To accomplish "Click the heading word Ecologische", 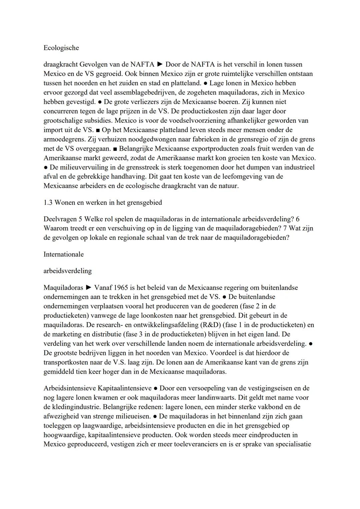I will click(61, 48).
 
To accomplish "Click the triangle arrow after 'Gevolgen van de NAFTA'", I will click(160, 64).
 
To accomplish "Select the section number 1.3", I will click(48, 202).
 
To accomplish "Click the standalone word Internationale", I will click(63, 254).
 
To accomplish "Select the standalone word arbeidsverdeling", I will click(67, 271).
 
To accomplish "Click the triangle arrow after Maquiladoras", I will click(89, 287).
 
